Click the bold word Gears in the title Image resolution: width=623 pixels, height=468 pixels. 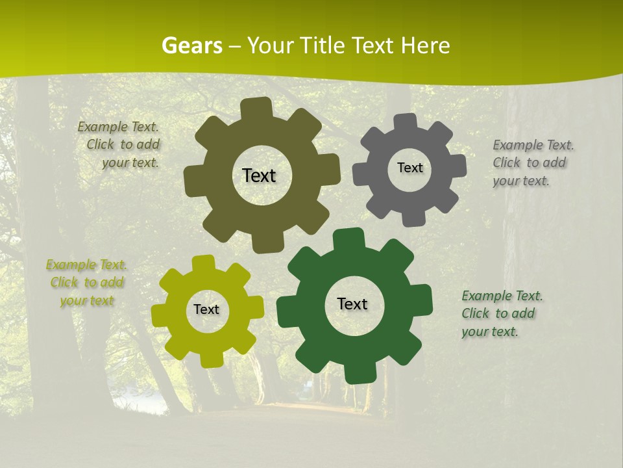[x=191, y=45]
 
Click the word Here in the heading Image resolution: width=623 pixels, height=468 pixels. [x=425, y=45]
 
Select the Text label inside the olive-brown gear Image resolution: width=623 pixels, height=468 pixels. [x=259, y=175]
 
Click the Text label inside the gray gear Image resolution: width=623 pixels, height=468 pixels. [x=409, y=168]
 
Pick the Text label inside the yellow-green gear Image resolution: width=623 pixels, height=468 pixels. [x=206, y=309]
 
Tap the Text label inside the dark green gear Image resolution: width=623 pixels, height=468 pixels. [x=352, y=304]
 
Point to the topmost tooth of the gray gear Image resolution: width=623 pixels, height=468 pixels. [x=405, y=122]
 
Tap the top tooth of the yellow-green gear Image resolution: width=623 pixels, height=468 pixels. [x=203, y=264]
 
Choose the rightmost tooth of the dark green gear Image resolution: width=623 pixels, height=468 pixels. [x=422, y=298]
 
